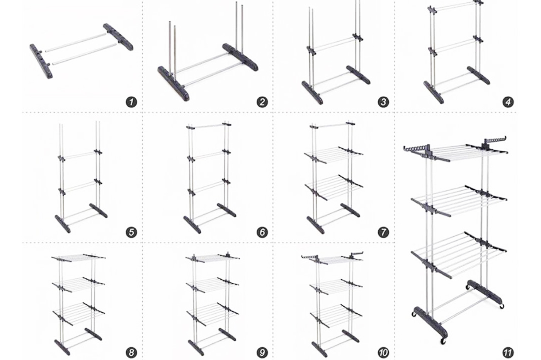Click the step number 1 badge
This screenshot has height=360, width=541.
coord(131,102)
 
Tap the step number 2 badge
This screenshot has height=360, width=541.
coord(262,102)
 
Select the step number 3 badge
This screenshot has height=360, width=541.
coord(383,102)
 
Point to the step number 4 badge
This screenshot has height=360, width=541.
coord(508,102)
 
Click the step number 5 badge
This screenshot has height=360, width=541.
coord(131,232)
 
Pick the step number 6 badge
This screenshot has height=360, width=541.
coord(262,232)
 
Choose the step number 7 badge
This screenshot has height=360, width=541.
coord(383,232)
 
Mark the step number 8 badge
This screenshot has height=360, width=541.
coord(131,352)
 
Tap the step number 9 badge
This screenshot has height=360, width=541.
coord(262,352)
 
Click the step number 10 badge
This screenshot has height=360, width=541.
coord(383,352)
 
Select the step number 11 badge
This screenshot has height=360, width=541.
coord(508,352)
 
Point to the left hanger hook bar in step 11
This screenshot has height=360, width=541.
coord(415,148)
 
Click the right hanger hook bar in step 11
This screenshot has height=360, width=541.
coord(495,140)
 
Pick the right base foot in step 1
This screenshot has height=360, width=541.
coord(118,37)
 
